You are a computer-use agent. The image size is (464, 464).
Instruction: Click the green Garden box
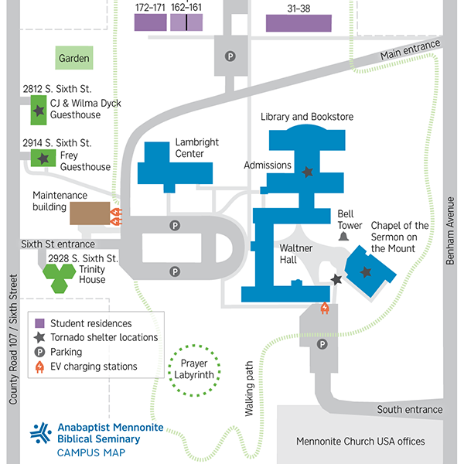(74, 58)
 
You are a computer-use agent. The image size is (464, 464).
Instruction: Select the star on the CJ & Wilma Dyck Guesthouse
(38, 110)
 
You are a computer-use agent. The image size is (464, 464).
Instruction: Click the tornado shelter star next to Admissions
(308, 172)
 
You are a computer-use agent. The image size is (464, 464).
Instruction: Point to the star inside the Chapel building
(366, 271)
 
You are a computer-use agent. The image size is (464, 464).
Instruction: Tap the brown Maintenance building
(90, 213)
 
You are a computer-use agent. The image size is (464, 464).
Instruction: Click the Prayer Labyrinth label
(194, 369)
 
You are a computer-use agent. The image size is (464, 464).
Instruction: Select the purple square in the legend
(39, 323)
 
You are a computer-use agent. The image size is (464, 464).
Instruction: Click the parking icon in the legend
(39, 352)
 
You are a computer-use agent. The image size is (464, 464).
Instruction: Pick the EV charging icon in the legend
(39, 367)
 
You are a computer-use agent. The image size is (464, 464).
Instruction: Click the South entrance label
(409, 409)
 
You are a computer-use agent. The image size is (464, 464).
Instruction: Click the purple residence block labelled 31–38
(299, 22)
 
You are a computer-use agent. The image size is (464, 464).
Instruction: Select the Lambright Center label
(196, 148)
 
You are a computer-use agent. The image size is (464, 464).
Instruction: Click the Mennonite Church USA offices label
(360, 442)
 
